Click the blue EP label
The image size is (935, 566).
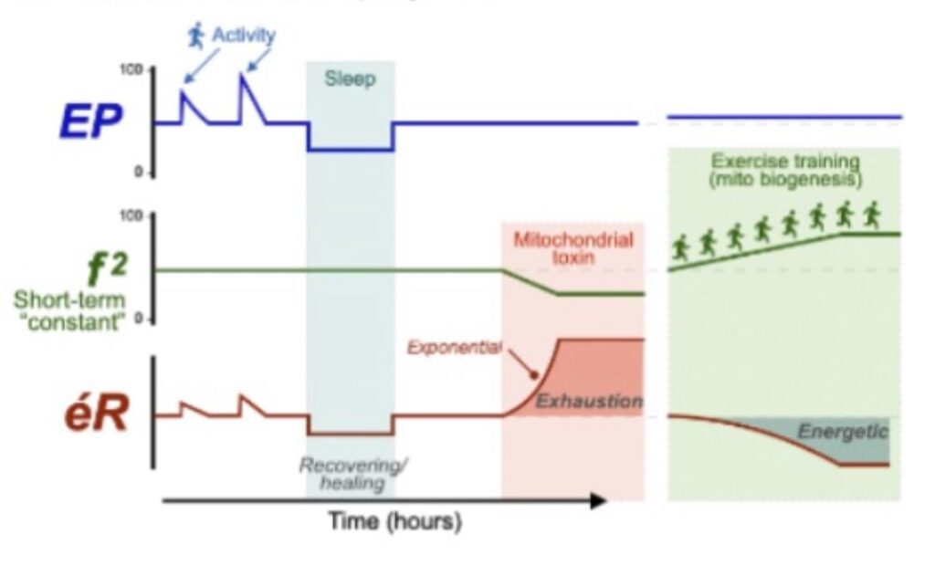pyautogui.click(x=90, y=123)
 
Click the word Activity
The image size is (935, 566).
pyautogui.click(x=243, y=36)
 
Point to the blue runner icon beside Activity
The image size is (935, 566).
pyautogui.click(x=196, y=36)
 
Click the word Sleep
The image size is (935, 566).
pyautogui.click(x=350, y=79)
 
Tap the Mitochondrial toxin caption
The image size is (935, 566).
pyautogui.click(x=573, y=248)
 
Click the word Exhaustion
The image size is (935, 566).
pyautogui.click(x=588, y=401)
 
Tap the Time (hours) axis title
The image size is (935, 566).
pyautogui.click(x=395, y=522)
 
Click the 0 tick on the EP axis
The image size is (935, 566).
pyautogui.click(x=139, y=173)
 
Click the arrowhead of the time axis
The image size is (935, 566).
pyautogui.click(x=598, y=499)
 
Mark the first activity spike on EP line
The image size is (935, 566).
pyautogui.click(x=183, y=91)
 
